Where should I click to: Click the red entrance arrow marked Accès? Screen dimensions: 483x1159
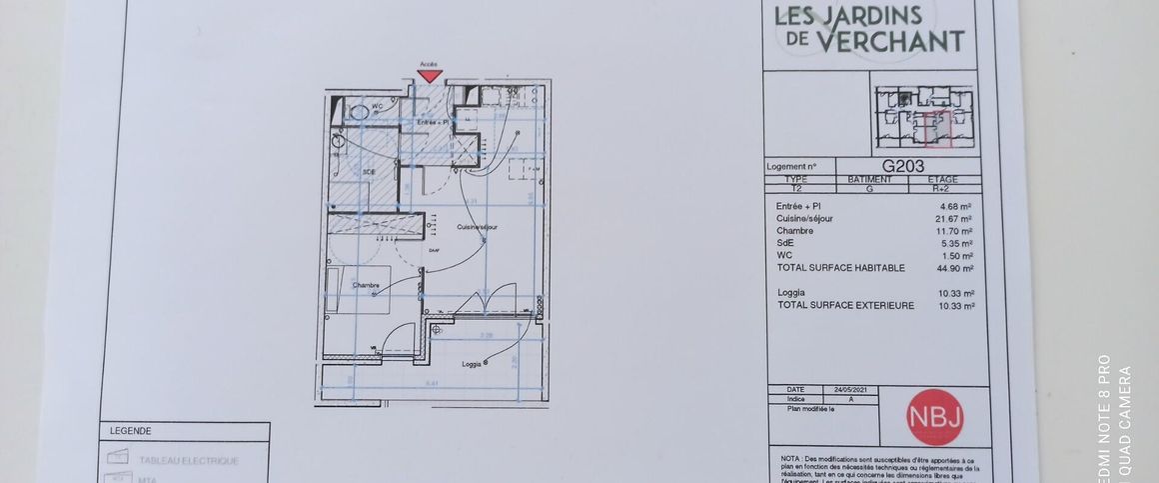coord(430,76)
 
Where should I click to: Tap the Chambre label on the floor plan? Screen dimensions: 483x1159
coord(366,286)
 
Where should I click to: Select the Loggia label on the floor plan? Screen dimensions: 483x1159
coord(473,363)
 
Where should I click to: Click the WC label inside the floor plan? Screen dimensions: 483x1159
coord(379,106)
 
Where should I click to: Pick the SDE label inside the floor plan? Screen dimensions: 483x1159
coord(369,172)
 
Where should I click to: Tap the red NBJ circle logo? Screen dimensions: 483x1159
coord(934,417)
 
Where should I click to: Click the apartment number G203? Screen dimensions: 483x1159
coord(902,167)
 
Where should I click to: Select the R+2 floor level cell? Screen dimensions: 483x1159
coord(942,188)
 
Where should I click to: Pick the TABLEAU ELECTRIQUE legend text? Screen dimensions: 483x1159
coord(189,461)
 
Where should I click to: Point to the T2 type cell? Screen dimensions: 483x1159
coord(796,188)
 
